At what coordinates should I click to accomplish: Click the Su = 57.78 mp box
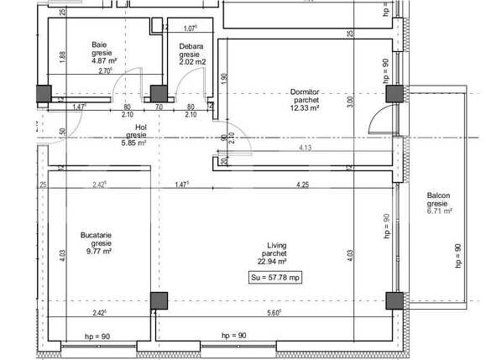[x=275, y=278]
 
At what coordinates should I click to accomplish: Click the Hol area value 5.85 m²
[x=136, y=143]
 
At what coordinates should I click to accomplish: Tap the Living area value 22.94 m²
[x=274, y=261]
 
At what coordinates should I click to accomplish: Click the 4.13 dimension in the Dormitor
[x=306, y=149]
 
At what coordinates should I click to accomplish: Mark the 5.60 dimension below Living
[x=274, y=314]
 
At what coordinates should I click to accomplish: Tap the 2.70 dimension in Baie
[x=105, y=71]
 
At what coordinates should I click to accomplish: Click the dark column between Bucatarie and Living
[x=159, y=300]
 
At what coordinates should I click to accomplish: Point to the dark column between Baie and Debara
[x=156, y=94]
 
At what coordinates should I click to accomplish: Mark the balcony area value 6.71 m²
[x=438, y=211]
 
